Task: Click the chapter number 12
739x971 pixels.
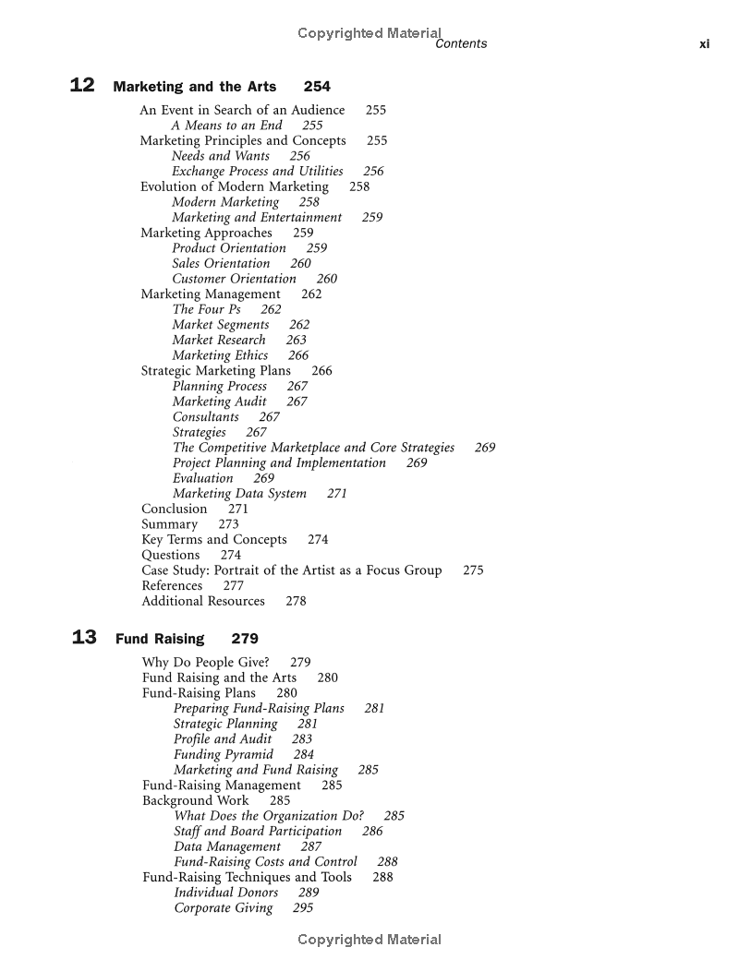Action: click(x=82, y=86)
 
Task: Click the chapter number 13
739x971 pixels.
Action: click(x=84, y=638)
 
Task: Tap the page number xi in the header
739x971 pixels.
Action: click(x=704, y=43)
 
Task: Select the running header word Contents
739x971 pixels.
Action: click(x=461, y=43)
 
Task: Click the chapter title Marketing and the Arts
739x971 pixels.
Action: click(x=194, y=87)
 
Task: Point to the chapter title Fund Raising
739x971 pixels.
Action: click(x=160, y=639)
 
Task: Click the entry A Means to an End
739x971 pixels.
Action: click(x=226, y=126)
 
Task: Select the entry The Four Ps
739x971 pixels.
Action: click(x=206, y=309)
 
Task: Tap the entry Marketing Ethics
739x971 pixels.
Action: click(x=220, y=355)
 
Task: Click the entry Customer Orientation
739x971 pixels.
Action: click(x=234, y=279)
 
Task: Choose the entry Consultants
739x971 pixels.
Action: click(x=205, y=417)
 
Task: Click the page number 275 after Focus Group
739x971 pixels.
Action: click(x=473, y=570)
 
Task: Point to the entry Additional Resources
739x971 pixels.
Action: click(x=202, y=601)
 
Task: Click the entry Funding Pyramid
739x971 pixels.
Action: click(x=224, y=754)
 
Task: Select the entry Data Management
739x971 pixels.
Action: click(x=227, y=846)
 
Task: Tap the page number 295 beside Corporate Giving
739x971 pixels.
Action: click(x=303, y=908)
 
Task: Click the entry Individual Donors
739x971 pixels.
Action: click(x=225, y=893)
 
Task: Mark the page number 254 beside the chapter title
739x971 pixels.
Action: click(x=317, y=87)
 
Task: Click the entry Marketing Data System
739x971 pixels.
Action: click(x=239, y=494)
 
